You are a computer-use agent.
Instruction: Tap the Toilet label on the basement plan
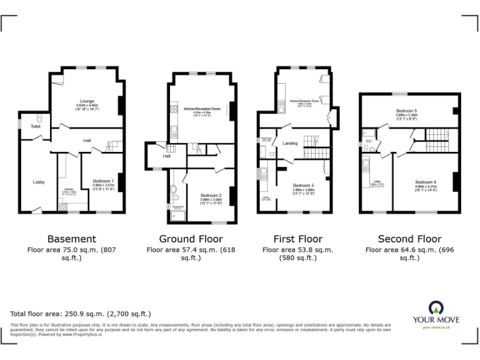tap(27, 126)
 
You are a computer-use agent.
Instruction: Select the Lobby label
tap(39, 182)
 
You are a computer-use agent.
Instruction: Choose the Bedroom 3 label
tap(304, 185)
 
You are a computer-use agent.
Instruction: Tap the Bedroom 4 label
tap(426, 182)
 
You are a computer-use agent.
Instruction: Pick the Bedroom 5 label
tap(406, 111)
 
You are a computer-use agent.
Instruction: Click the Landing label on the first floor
tap(290, 143)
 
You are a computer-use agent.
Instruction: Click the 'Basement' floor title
tap(72, 239)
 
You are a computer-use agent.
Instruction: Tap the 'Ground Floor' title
tap(191, 239)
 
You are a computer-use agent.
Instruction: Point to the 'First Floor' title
tap(297, 239)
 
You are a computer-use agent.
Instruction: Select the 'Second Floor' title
tap(409, 239)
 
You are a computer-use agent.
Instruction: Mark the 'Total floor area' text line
tap(81, 314)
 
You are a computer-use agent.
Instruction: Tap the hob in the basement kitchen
tap(64, 207)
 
